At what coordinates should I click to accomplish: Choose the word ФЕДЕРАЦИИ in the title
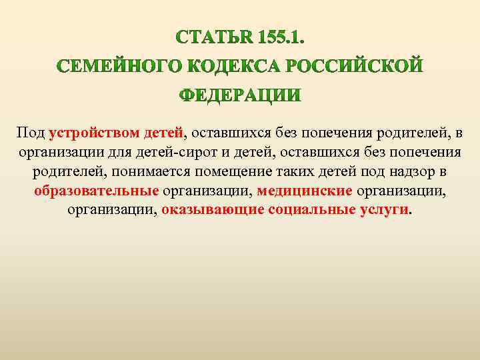click(239, 96)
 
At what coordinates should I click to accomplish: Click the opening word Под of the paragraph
click(31, 133)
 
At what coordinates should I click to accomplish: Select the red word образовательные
click(97, 191)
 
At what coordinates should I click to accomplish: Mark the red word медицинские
click(305, 191)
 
